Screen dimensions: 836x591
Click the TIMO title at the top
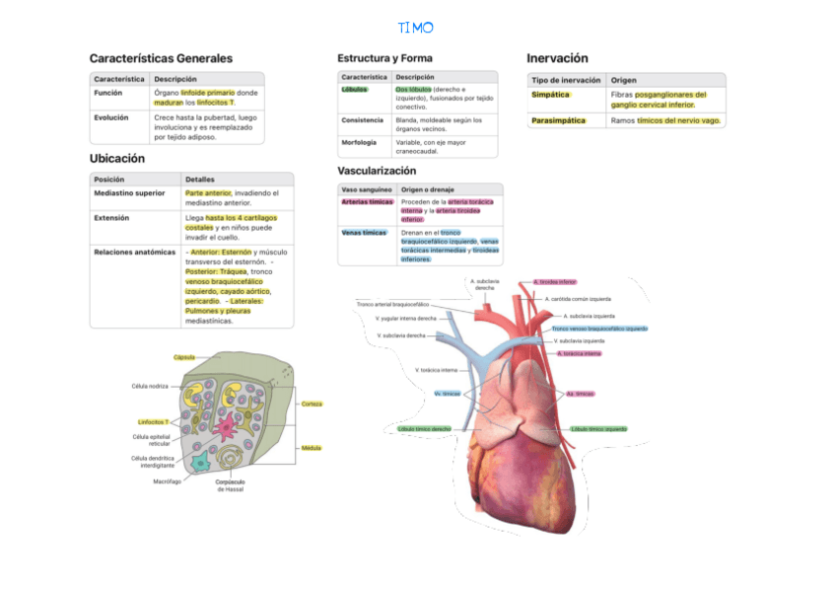pyautogui.click(x=415, y=27)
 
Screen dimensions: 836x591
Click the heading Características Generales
pyautogui.click(x=161, y=58)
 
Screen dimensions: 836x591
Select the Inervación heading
pyautogui.click(x=557, y=58)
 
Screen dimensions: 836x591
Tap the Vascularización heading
pyautogui.click(x=377, y=171)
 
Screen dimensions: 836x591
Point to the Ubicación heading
pyautogui.click(x=117, y=158)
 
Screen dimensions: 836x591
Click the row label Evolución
pyautogui.click(x=110, y=117)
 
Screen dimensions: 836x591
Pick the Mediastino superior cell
pyautogui.click(x=129, y=193)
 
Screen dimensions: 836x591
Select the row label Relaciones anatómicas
pyautogui.click(x=134, y=252)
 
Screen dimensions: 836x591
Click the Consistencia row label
pyautogui.click(x=362, y=120)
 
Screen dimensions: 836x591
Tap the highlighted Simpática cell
pyautogui.click(x=550, y=95)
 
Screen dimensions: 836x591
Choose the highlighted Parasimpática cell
pyautogui.click(x=558, y=120)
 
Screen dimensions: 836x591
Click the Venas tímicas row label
pyautogui.click(x=363, y=233)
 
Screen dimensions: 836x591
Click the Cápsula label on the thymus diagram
pyautogui.click(x=184, y=356)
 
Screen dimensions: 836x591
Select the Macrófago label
pyautogui.click(x=167, y=481)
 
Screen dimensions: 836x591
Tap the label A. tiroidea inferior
pyautogui.click(x=555, y=281)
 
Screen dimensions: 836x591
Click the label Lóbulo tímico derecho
pyautogui.click(x=425, y=429)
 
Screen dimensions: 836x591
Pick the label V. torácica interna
pyautogui.click(x=437, y=370)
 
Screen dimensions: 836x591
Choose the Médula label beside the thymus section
pyautogui.click(x=312, y=448)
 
